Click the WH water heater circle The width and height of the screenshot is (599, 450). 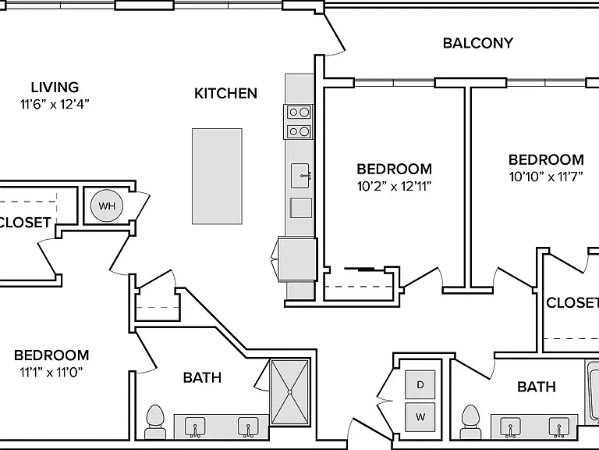107,206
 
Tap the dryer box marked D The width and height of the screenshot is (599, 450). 420,384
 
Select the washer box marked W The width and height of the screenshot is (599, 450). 420,417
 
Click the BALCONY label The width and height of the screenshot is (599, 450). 478,43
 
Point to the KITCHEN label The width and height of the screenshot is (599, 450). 225,94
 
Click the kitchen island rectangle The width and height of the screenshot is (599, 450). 217,176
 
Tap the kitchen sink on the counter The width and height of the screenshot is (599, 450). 300,176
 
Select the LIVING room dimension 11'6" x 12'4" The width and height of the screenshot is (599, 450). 55,104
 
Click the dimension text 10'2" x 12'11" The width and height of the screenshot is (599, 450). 394,187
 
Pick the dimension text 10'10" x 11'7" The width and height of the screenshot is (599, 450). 546,177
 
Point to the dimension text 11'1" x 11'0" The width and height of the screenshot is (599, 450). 51,372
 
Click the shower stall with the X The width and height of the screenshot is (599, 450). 290,392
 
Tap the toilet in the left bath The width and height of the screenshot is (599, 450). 155,422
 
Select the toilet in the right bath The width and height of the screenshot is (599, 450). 470,422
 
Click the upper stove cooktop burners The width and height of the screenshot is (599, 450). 299,112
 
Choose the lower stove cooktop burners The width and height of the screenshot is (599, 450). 299,131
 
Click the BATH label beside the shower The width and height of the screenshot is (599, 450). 203,377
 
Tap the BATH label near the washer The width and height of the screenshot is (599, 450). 537,387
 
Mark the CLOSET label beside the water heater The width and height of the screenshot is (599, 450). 24,223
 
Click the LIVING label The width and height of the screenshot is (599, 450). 55,87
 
